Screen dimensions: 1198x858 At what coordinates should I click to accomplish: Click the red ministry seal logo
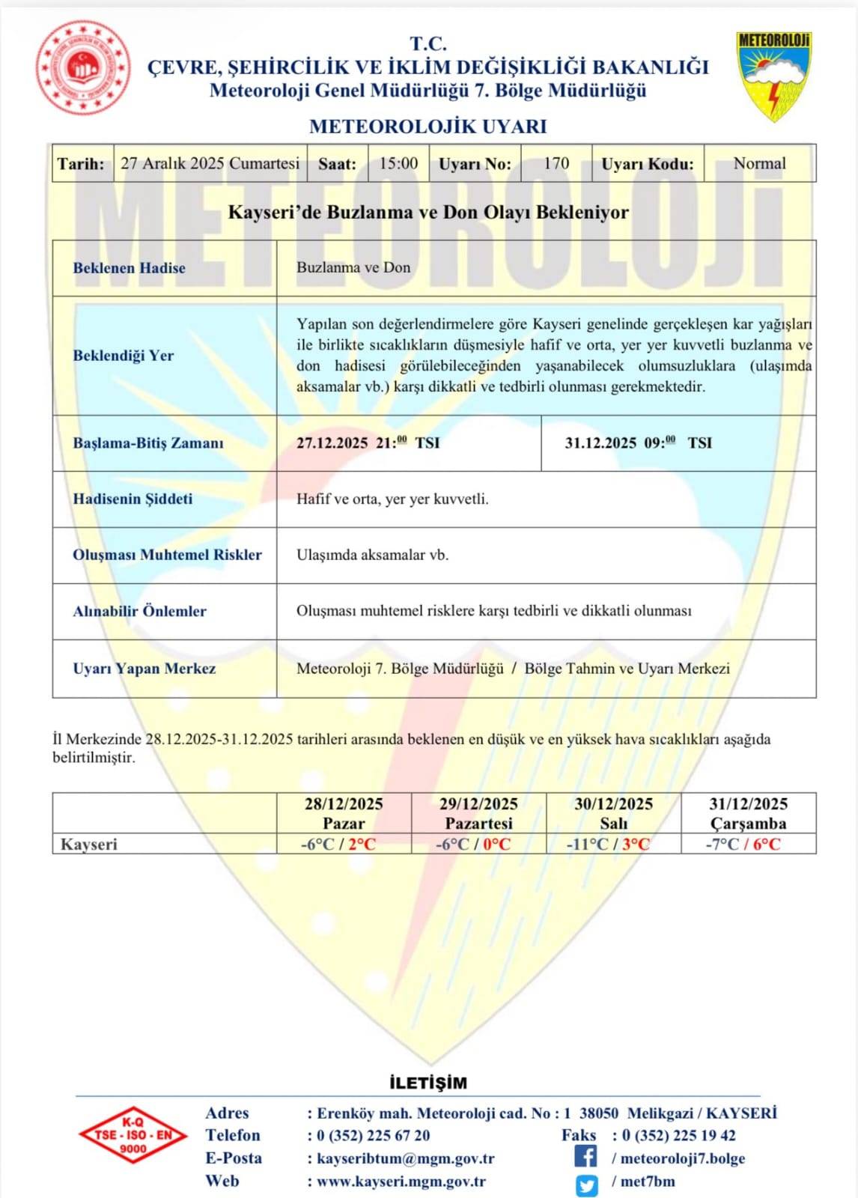(83, 67)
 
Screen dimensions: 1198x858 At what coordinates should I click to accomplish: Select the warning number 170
(556, 163)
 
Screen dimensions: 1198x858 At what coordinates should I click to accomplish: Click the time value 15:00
(398, 163)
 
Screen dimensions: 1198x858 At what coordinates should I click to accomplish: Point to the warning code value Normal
(759, 163)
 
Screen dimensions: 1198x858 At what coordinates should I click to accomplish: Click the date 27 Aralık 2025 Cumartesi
(210, 163)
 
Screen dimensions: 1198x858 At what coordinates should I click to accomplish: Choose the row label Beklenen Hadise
(129, 268)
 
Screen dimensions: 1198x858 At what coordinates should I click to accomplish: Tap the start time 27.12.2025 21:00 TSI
(368, 443)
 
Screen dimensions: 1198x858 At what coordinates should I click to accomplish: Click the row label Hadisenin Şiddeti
(133, 499)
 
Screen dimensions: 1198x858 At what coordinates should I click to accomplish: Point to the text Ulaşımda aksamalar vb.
(372, 555)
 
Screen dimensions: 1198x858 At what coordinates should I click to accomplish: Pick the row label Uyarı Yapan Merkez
(144, 669)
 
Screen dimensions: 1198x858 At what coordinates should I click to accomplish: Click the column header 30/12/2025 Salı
(613, 813)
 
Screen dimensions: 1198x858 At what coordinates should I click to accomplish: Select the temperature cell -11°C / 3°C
(608, 844)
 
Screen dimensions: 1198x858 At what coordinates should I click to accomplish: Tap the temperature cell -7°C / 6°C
(743, 844)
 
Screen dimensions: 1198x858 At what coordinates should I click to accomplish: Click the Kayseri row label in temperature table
(89, 844)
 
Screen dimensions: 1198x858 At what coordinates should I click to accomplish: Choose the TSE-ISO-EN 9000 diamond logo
(133, 1135)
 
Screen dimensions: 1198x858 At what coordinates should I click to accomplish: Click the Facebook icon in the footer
(586, 1157)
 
